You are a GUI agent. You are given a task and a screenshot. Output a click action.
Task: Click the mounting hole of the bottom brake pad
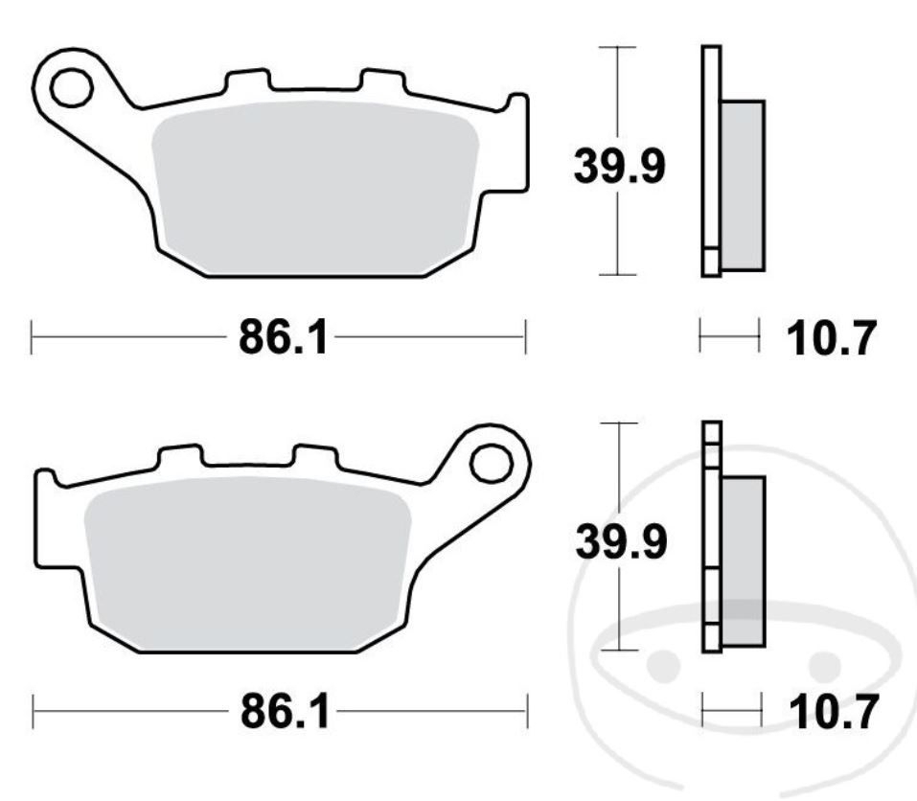pos(491,464)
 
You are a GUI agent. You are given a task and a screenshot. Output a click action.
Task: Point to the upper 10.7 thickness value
pos(831,338)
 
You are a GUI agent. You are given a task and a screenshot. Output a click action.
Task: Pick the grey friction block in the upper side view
pos(743,184)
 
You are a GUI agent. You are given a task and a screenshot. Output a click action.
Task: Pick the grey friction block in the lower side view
pos(744,560)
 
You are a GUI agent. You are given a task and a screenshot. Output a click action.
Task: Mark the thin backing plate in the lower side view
pos(711,537)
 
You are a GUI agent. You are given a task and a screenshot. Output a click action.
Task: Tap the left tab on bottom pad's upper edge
pos(179,455)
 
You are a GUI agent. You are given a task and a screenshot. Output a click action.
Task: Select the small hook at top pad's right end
pos(516,104)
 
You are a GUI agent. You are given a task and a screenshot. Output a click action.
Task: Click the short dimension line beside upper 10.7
pos(729,336)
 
